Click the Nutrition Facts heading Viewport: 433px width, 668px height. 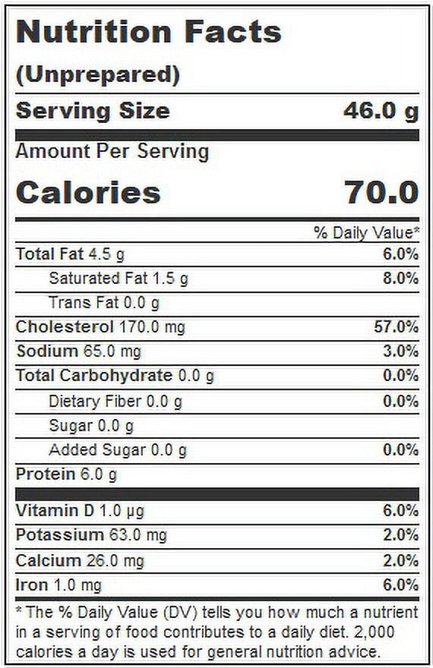[149, 32]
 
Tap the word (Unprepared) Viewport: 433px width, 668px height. [98, 74]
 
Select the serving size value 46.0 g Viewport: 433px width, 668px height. [381, 111]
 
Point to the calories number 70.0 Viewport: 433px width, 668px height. [381, 192]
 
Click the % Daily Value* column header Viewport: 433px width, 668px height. [366, 232]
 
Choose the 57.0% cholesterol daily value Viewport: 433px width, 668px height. [397, 326]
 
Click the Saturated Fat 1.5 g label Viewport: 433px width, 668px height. [119, 279]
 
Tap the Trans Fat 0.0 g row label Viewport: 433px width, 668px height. [104, 303]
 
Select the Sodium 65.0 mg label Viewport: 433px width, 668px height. [78, 351]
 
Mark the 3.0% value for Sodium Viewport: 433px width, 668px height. [400, 351]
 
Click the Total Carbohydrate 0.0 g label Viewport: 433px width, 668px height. [115, 376]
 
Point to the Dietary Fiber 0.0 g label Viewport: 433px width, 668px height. [115, 402]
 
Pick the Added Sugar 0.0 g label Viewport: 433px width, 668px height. [118, 450]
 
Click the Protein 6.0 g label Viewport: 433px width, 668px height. [66, 474]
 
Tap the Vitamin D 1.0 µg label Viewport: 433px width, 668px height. [80, 511]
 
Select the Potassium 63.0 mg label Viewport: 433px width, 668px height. [91, 535]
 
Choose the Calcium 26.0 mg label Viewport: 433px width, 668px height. [80, 561]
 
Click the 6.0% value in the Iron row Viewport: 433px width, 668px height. [400, 585]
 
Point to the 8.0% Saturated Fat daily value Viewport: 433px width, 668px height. [400, 279]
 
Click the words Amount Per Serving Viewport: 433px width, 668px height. [112, 152]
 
